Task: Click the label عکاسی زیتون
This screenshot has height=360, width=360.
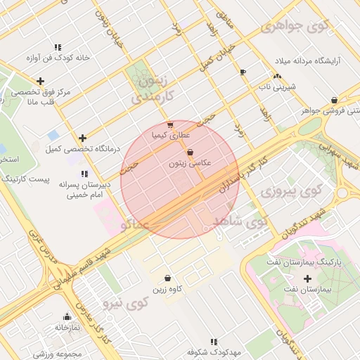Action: click(x=190, y=163)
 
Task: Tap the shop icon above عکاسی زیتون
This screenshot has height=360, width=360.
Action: click(x=190, y=153)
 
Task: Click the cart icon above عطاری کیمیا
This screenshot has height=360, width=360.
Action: click(x=170, y=125)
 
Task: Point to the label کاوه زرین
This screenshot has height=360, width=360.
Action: click(x=167, y=289)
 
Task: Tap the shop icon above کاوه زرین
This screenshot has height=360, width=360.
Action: click(x=167, y=278)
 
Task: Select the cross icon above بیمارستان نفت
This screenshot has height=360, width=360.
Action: click(x=307, y=278)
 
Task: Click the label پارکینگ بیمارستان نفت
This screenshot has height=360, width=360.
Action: click(x=310, y=262)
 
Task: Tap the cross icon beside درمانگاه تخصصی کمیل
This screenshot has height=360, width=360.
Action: click(x=83, y=138)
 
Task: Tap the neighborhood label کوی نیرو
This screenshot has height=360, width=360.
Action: click(x=127, y=304)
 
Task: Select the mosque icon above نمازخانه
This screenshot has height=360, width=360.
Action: click(x=67, y=317)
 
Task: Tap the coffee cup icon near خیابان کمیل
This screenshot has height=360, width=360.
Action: click(x=243, y=72)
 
